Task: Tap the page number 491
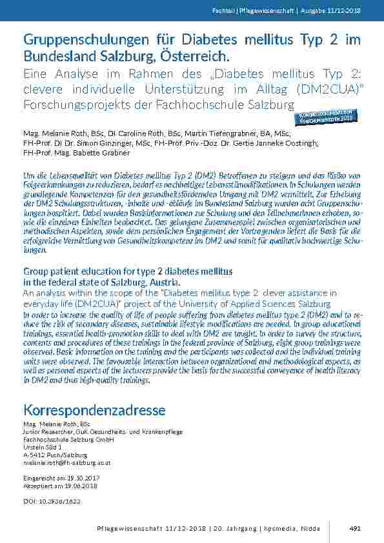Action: click(x=355, y=528)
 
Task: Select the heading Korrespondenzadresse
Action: click(x=94, y=410)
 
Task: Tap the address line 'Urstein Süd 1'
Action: click(x=43, y=446)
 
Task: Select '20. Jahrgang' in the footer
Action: click(x=234, y=528)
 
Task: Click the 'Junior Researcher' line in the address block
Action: click(x=103, y=431)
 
